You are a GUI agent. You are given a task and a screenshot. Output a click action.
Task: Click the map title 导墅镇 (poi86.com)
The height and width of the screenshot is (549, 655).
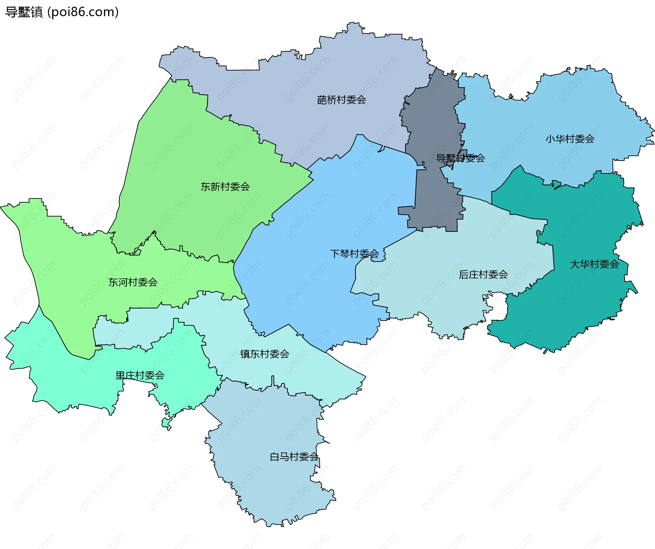click(x=62, y=12)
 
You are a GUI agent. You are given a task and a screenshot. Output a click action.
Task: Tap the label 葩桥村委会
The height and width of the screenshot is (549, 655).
click(x=341, y=100)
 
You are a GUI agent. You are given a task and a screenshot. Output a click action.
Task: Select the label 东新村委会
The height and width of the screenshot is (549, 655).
click(x=225, y=187)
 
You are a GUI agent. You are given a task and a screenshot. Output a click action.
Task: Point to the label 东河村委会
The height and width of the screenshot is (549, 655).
click(x=133, y=282)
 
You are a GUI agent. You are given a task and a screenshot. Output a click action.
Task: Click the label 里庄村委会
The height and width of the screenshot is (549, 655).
click(x=140, y=375)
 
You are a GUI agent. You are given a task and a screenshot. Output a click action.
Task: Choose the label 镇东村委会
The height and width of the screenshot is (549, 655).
click(x=264, y=354)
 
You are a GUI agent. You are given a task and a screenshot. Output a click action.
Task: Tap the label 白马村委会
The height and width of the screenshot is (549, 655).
click(x=294, y=457)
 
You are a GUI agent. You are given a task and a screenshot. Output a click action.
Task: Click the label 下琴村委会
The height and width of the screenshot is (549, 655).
click(x=354, y=254)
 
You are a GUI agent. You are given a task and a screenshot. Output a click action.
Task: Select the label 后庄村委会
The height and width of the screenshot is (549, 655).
click(x=483, y=274)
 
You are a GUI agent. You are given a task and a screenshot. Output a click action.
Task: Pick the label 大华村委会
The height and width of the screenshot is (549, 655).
click(x=594, y=264)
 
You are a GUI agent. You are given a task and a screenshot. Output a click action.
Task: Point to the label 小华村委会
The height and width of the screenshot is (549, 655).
click(x=570, y=139)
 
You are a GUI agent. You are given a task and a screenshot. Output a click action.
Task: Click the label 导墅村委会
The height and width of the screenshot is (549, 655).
click(x=460, y=158)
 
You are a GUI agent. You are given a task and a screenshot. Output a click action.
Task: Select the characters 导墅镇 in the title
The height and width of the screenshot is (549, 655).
click(x=24, y=12)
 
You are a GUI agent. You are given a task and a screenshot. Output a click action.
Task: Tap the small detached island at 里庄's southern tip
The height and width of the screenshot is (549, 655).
click(x=166, y=423)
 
